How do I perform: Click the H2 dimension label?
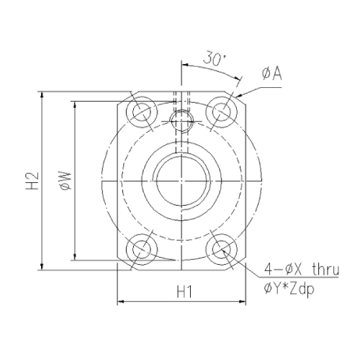point(32,181)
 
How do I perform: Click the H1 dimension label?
point(184,292)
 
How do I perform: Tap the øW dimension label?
point(66,181)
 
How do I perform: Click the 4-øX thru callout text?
point(302,269)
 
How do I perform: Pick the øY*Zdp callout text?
point(289,289)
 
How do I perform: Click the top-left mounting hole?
point(142,112)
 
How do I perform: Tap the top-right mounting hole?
point(222,112)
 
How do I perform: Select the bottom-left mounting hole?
point(142,249)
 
